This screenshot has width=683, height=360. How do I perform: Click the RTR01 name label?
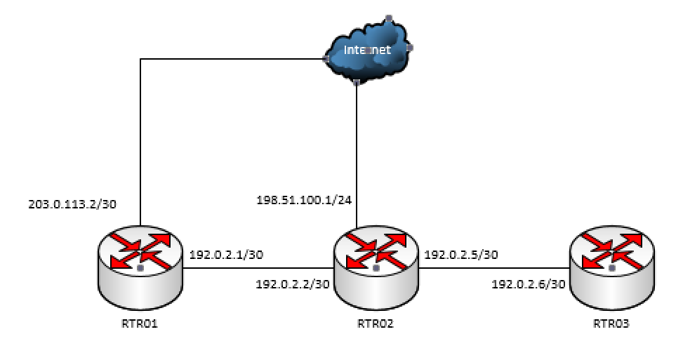[140, 324]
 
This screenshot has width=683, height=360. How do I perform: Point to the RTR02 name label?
[376, 324]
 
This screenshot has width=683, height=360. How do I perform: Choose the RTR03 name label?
[611, 324]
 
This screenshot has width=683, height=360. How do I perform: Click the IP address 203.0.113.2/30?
[72, 205]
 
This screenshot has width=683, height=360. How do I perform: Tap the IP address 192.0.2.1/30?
[226, 255]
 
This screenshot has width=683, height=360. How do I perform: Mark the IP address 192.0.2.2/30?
[292, 284]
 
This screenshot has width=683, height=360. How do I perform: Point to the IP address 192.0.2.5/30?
[461, 255]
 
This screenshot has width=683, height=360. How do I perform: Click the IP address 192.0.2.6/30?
[528, 284]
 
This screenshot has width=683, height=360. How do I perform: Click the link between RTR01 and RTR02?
[258, 267]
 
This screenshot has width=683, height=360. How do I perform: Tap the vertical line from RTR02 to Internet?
[357, 154]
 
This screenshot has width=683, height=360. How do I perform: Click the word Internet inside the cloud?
[366, 51]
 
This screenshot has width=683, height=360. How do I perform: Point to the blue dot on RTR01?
[140, 268]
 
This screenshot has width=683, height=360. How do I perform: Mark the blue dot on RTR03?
[612, 268]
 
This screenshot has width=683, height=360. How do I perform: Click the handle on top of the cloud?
[388, 18]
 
